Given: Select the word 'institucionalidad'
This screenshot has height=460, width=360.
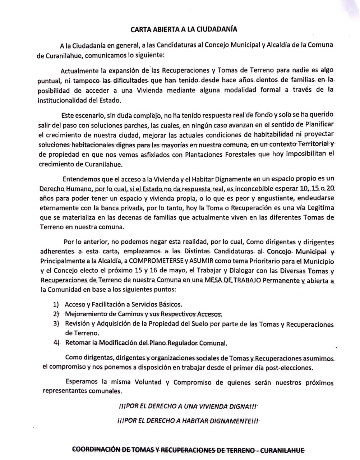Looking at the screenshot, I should (x=60, y=101).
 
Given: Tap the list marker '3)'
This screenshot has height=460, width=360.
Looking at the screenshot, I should (x=56, y=323).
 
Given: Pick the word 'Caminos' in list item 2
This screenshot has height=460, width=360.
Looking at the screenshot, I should (x=131, y=314).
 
